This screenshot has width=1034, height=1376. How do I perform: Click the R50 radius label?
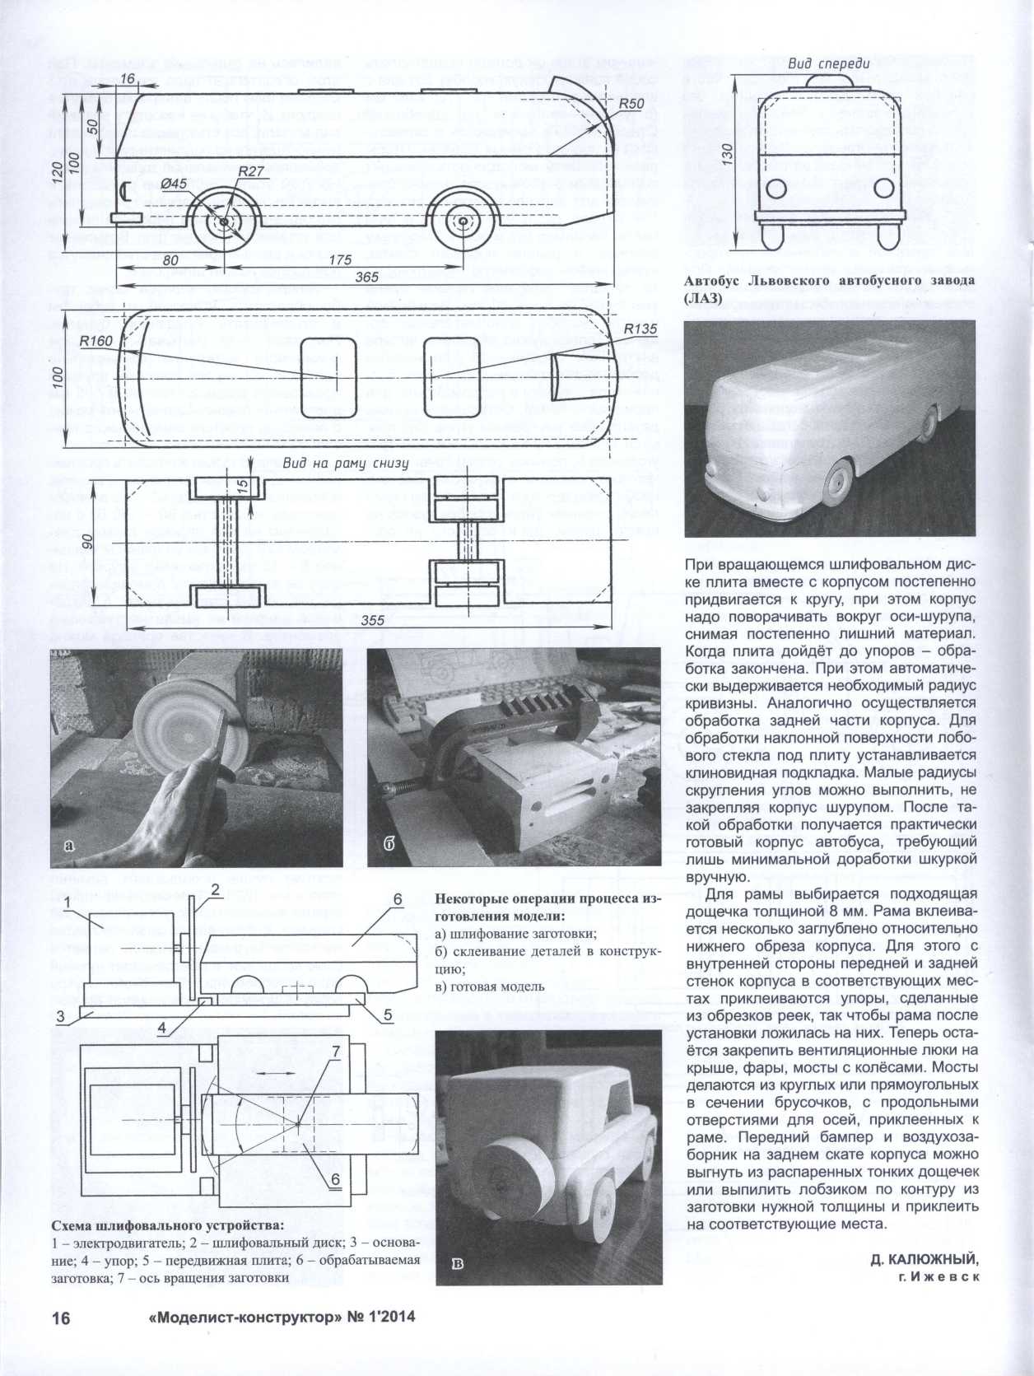point(630,105)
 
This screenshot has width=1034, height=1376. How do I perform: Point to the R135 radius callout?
point(639,329)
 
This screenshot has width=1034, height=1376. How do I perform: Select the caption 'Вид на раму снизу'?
point(346,464)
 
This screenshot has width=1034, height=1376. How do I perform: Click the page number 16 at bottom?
point(62,1318)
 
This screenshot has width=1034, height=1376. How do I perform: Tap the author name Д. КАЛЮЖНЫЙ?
point(924,1260)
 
